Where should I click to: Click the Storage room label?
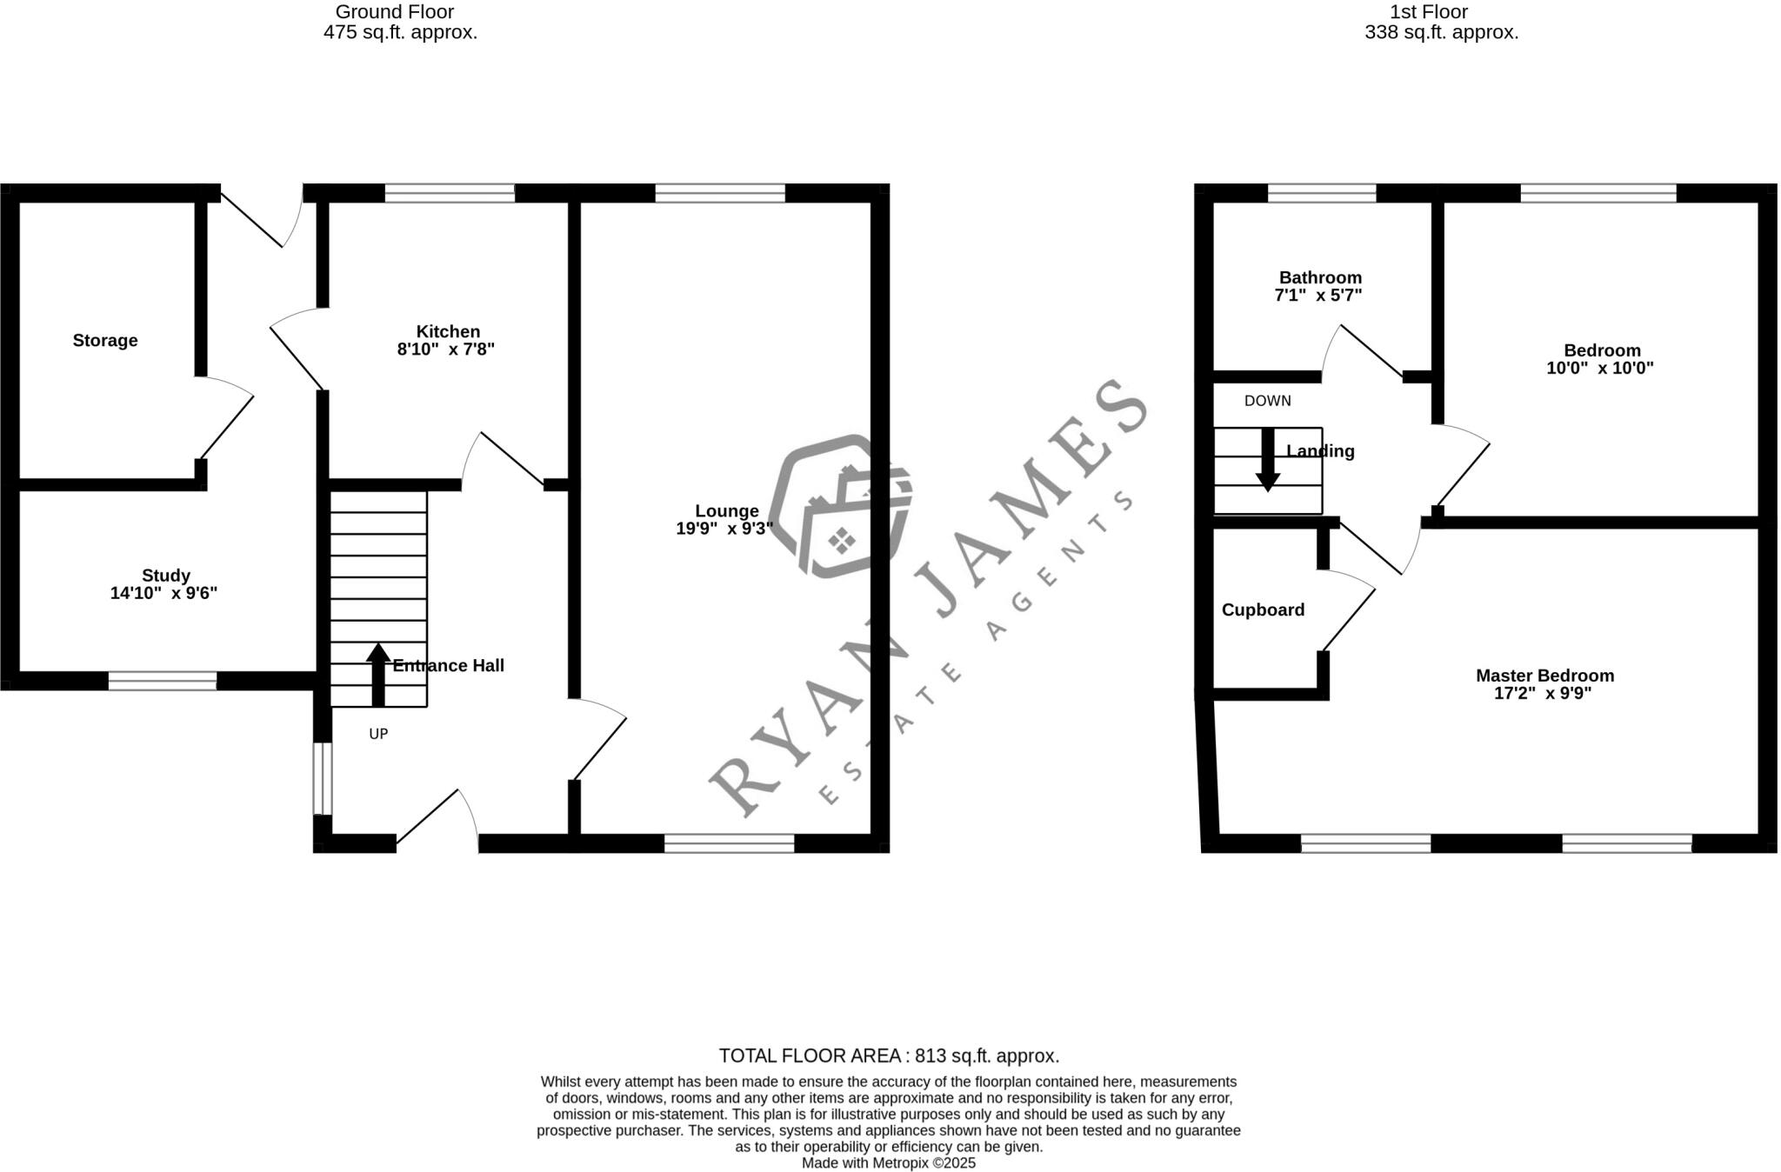tap(104, 341)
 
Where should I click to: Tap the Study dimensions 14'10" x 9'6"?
tap(163, 594)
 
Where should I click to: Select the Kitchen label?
tap(448, 331)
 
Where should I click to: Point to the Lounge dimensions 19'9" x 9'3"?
tap(724, 529)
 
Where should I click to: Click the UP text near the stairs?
tap(378, 734)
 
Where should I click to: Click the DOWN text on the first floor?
tap(1267, 401)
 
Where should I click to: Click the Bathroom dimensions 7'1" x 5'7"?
tap(1317, 296)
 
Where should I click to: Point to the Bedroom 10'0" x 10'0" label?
tap(1601, 359)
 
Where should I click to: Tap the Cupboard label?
tap(1263, 610)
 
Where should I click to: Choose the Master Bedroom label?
tap(1544, 676)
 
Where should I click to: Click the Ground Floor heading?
tap(395, 12)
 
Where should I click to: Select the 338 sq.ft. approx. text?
tap(1441, 33)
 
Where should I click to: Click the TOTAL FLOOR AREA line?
tap(889, 1056)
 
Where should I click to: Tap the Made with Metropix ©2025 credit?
tap(889, 1163)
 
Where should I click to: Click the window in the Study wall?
tap(163, 681)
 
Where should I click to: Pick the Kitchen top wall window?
tap(450, 193)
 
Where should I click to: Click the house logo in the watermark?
tap(840, 509)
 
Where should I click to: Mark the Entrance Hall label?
tap(448, 666)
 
